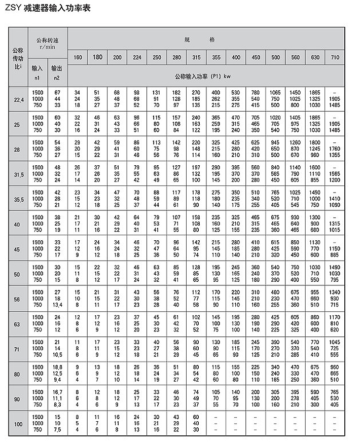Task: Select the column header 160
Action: tap(78, 57)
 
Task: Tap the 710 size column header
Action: tap(335, 57)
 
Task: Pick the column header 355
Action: tap(216, 57)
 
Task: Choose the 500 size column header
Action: tap(275, 57)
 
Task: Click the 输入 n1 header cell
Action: tap(37, 71)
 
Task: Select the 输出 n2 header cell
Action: tap(57, 71)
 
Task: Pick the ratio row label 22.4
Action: tap(18, 100)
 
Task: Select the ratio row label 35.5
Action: tap(18, 199)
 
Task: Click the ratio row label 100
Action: tap(18, 423)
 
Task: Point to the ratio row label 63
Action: tap(18, 323)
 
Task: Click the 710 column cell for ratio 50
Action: tap(335, 274)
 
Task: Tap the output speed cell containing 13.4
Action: tap(57, 305)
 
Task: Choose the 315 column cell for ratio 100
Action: tap(196, 423)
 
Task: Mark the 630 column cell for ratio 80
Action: tap(315, 373)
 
